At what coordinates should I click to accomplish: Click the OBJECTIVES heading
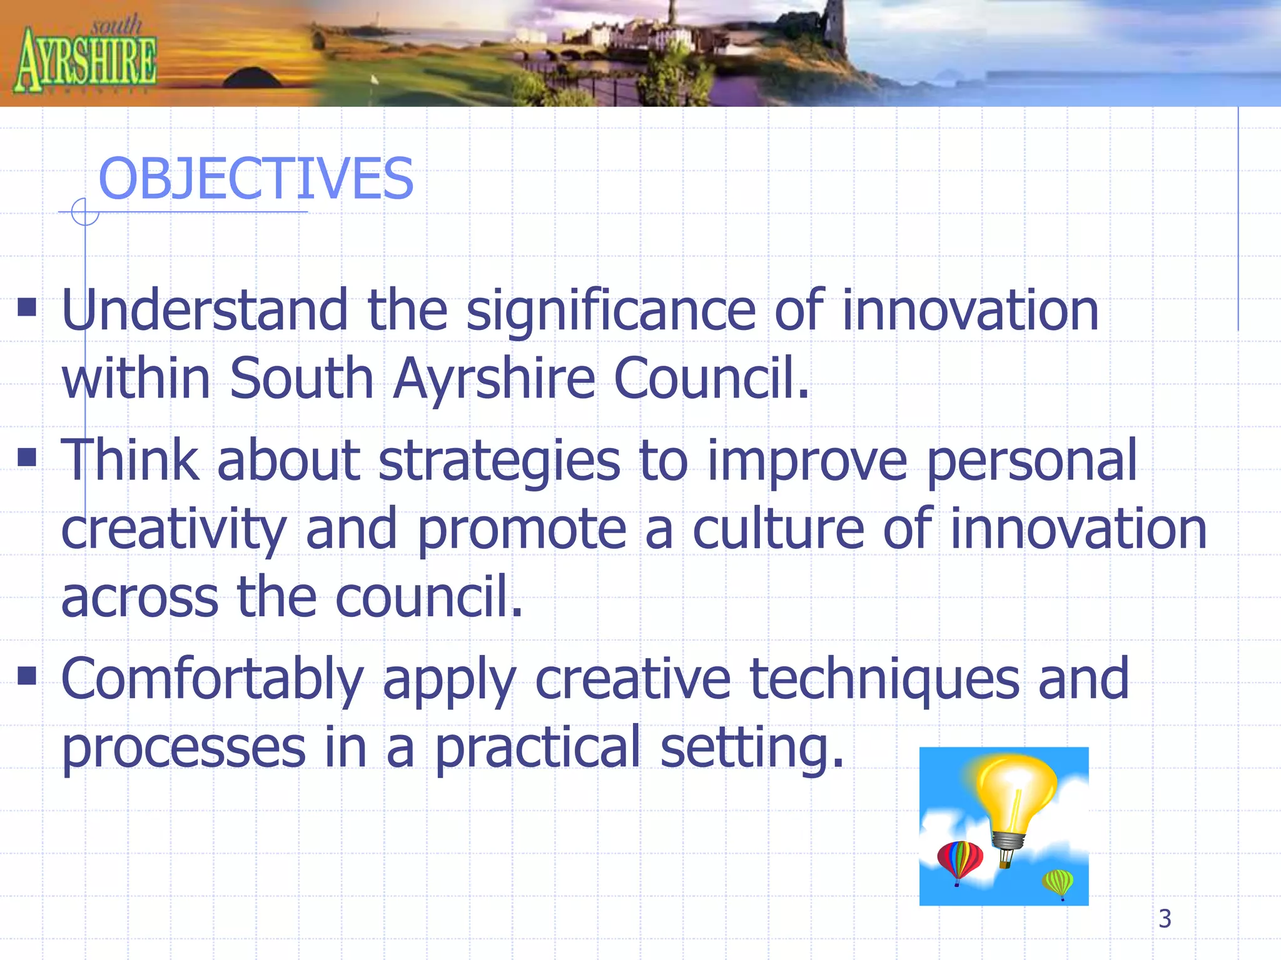256,179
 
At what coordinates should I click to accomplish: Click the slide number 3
1165,919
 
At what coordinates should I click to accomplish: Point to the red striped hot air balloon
959,861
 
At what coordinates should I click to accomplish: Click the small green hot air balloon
1058,883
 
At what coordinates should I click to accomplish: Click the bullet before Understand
27,307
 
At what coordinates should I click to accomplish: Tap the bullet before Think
27,457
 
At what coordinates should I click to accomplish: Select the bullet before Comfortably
27,676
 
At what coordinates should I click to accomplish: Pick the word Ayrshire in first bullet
494,378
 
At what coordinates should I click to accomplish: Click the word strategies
499,461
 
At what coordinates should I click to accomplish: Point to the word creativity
174,529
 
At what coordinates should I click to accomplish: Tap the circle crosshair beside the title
85,212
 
